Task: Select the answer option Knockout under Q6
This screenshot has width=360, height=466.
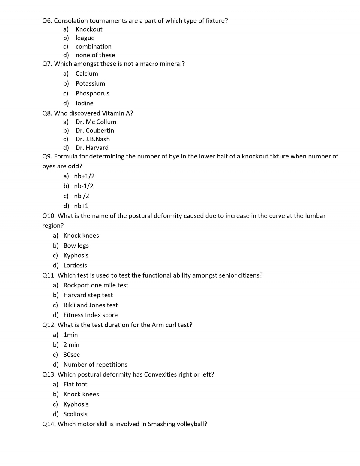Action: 89,29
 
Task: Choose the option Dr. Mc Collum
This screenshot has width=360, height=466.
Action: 96,122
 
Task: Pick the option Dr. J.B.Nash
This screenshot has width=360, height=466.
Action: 93,139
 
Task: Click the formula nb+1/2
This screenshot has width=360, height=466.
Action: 84,176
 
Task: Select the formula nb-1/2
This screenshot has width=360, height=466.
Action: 84,186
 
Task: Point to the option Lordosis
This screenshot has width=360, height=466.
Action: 75,265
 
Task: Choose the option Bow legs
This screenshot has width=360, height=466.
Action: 76,245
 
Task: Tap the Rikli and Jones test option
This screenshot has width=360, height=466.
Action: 91,305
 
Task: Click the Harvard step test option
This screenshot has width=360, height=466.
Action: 88,295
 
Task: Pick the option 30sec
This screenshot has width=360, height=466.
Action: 72,355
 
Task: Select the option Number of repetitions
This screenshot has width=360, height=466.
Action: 95,365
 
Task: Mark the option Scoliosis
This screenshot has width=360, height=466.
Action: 75,414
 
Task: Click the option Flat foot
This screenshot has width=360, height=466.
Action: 75,384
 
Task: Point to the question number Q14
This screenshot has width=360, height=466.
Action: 49,424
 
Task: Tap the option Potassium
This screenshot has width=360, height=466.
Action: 90,83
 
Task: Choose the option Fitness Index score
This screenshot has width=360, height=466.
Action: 91,315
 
